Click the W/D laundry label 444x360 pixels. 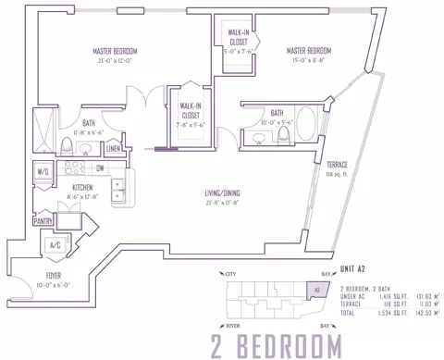43,171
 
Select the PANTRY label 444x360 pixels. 43,222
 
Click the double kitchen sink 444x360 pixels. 118,190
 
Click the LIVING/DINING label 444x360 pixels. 222,193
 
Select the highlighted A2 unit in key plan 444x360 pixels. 316,289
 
